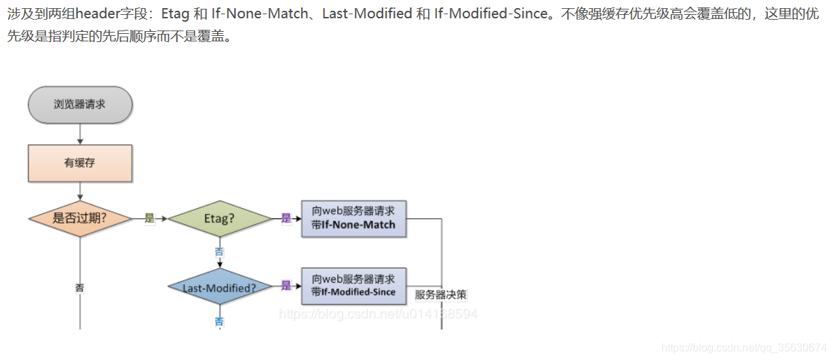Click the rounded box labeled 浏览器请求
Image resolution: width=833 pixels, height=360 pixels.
click(80, 104)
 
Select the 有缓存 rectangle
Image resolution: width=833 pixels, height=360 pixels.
click(80, 163)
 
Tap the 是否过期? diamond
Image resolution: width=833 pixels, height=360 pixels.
click(80, 218)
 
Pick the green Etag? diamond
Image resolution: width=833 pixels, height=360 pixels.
click(219, 218)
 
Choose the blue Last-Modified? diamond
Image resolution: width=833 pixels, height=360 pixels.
click(219, 287)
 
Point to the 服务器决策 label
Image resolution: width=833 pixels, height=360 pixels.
click(441, 295)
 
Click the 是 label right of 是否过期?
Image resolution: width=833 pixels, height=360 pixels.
click(149, 218)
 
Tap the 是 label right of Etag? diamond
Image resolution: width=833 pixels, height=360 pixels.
click(286, 218)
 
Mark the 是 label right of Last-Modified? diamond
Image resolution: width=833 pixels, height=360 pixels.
click(286, 286)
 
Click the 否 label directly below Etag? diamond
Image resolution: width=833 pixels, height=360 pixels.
click(219, 252)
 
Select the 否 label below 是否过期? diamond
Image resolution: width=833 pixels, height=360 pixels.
click(80, 287)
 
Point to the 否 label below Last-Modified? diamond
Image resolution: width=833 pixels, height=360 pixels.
click(219, 321)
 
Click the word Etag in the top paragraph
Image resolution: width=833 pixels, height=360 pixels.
click(174, 14)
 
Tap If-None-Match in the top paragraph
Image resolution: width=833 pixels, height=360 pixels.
click(260, 14)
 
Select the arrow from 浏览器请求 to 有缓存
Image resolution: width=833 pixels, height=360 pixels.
click(80, 134)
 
